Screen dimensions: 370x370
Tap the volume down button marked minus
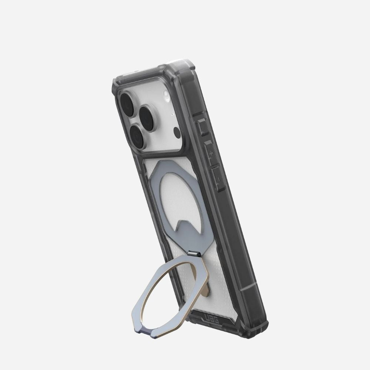(x=218, y=179)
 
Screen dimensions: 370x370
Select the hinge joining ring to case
(x=194, y=253)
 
